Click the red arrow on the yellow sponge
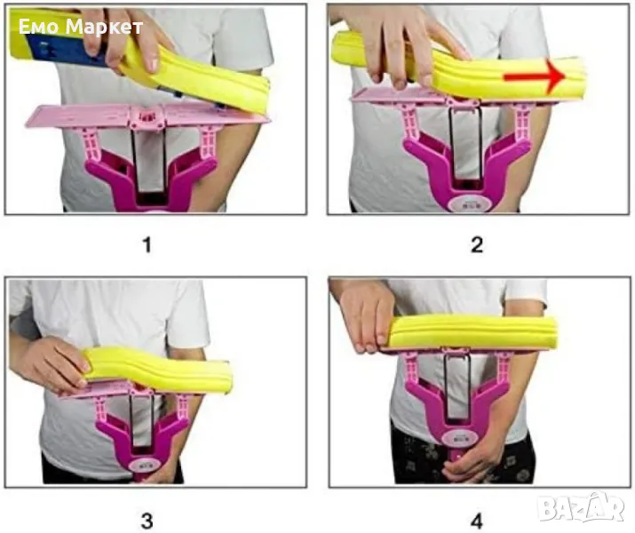pos(535,76)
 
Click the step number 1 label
pos(147,245)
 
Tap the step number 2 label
pos(477,245)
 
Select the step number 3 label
pos(147,521)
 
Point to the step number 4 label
pos(477,521)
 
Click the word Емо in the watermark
pos(40,27)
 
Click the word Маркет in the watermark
pos(104,27)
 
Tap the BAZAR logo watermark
pos(583,506)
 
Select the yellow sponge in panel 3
pos(159,370)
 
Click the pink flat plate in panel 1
pos(147,115)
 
